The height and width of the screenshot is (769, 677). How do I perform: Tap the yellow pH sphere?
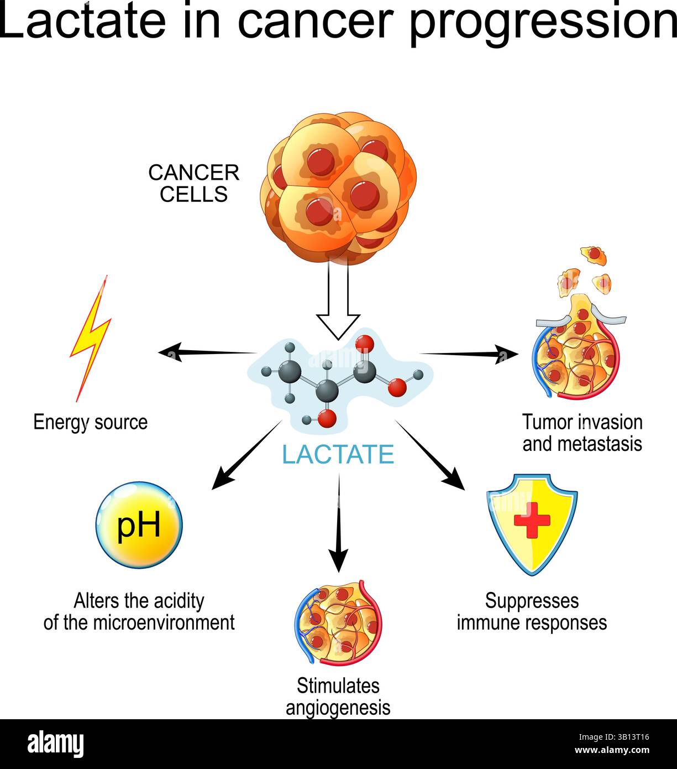click(x=139, y=524)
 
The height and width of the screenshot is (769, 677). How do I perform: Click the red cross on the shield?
click(x=532, y=521)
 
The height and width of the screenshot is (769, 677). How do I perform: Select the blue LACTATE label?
click(x=338, y=455)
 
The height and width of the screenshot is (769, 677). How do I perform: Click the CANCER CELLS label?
click(x=193, y=184)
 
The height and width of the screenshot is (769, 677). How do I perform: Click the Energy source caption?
click(x=91, y=422)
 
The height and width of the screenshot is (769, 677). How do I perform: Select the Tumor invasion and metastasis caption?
click(x=582, y=433)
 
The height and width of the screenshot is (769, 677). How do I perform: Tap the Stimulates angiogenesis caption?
click(x=338, y=697)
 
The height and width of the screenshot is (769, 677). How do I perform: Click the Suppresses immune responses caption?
click(x=532, y=611)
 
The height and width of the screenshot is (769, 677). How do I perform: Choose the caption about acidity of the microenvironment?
click(x=139, y=611)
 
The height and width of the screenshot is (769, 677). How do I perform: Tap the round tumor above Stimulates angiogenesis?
click(x=338, y=622)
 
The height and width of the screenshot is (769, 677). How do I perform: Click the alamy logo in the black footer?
click(x=56, y=744)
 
